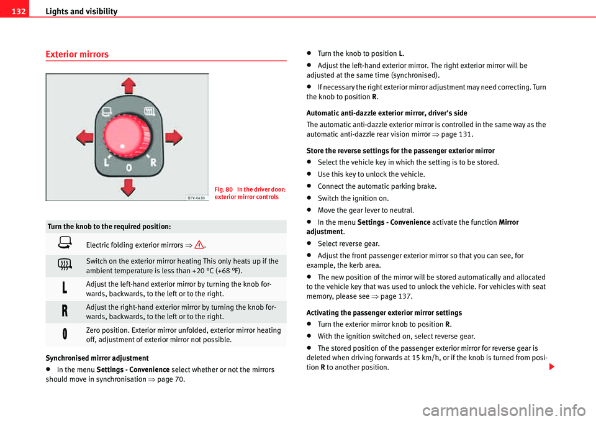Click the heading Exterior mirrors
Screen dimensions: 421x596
pyautogui.click(x=77, y=55)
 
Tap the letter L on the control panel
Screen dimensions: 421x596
pyautogui.click(x=107, y=163)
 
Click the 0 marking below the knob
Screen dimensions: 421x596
pyautogui.click(x=129, y=168)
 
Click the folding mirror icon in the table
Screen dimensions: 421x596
pyautogui.click(x=65, y=243)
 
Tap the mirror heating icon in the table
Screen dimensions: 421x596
pyautogui.click(x=65, y=265)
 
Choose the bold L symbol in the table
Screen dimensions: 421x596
pyautogui.click(x=65, y=287)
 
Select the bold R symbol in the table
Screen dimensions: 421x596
pyautogui.click(x=65, y=311)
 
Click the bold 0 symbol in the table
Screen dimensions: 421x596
pyautogui.click(x=65, y=334)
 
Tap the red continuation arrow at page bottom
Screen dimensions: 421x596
pyautogui.click(x=552, y=368)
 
